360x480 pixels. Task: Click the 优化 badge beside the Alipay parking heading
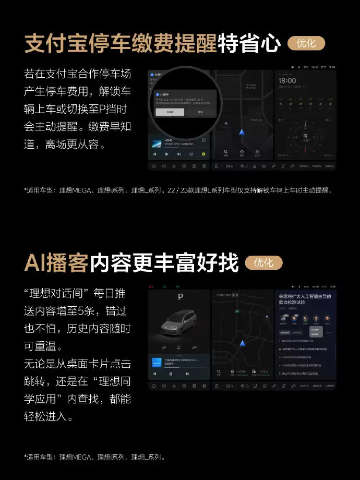(x=306, y=43)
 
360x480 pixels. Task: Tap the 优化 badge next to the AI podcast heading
(x=263, y=262)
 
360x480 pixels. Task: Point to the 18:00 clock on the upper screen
(x=287, y=81)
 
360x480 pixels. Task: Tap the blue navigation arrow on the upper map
(x=242, y=132)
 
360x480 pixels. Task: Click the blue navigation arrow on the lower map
(x=242, y=343)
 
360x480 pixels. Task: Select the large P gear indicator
(x=180, y=297)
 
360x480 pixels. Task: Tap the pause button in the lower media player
(x=171, y=374)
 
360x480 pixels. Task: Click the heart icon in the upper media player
(x=191, y=154)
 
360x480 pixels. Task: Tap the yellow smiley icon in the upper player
(x=203, y=154)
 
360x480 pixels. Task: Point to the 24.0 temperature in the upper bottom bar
(x=229, y=166)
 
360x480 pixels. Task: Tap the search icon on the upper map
(x=226, y=153)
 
